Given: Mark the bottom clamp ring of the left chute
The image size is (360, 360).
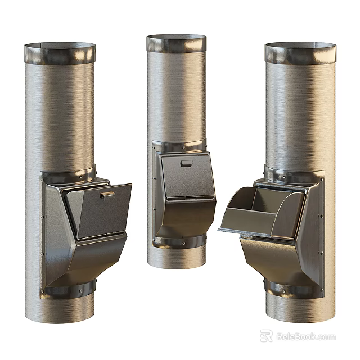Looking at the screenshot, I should pyautogui.click(x=70, y=290).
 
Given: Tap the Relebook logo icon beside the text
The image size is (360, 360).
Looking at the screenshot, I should pyautogui.click(x=267, y=336).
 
